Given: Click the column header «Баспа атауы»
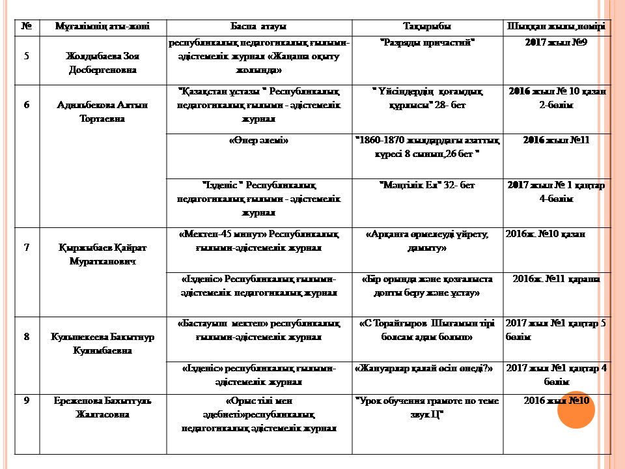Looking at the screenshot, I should coord(259,27).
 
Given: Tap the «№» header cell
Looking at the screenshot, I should coord(27,27).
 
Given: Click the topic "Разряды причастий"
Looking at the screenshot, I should coord(427,43).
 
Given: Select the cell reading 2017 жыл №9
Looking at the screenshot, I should coord(556,43).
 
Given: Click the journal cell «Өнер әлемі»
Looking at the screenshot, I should coord(259,140).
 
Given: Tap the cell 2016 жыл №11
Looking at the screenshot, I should coord(556,140).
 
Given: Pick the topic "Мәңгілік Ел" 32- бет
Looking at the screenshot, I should coord(427,186).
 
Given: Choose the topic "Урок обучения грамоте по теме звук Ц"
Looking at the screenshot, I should coord(427,407).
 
